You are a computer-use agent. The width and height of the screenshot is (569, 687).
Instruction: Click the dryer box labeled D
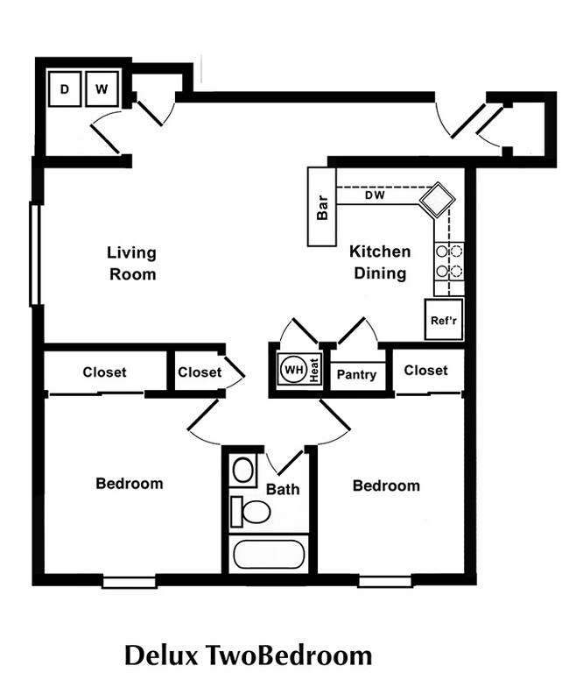tap(65, 89)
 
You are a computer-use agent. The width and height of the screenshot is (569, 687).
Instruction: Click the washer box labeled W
tap(102, 89)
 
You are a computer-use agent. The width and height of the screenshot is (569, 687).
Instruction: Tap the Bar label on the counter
tap(322, 207)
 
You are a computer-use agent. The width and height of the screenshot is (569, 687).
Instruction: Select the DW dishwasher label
tap(375, 195)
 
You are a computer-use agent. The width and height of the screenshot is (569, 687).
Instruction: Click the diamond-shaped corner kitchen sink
tap(437, 201)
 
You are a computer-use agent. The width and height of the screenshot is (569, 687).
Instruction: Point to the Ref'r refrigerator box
tap(444, 320)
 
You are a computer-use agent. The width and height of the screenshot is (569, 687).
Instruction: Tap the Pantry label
tap(356, 374)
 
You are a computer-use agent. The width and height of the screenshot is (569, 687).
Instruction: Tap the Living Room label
tap(132, 263)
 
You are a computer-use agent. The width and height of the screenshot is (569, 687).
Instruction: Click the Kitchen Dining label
tap(380, 262)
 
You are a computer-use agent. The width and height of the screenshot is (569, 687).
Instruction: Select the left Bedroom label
tap(130, 483)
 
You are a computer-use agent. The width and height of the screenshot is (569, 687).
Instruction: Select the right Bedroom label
tap(386, 485)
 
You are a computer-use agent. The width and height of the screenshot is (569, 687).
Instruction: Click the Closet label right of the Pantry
tap(425, 371)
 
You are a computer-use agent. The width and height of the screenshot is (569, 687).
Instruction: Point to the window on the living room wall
tap(36, 254)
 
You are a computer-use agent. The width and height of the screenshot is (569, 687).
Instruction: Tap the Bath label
tap(283, 489)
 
